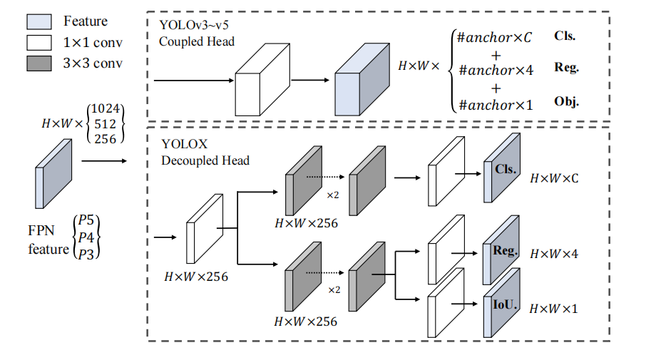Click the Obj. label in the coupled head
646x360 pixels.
(566, 102)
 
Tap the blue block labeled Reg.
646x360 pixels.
(503, 254)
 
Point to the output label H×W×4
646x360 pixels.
(553, 254)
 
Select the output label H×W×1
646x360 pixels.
(553, 308)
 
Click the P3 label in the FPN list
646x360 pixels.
(86, 253)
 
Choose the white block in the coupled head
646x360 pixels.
(260, 81)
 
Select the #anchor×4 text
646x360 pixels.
(496, 70)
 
